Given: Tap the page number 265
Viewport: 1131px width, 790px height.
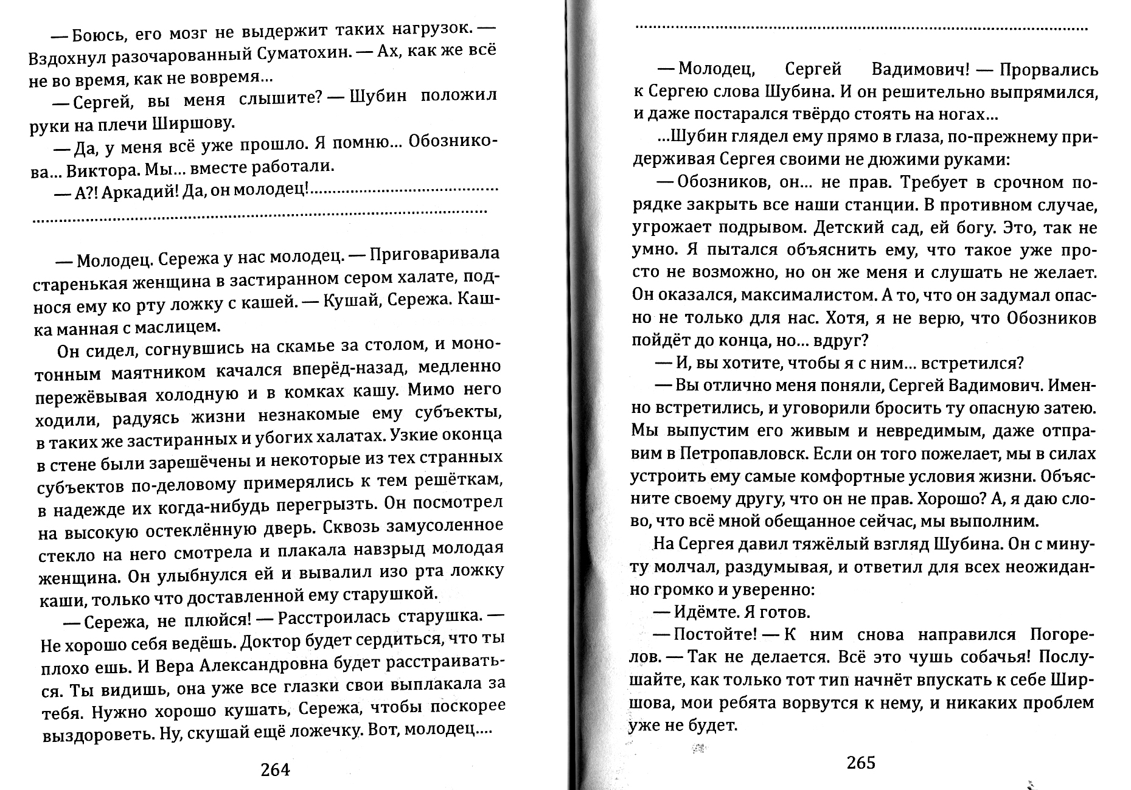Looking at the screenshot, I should (860, 763).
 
